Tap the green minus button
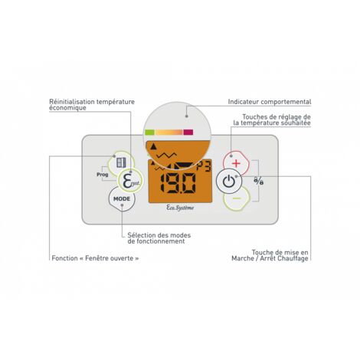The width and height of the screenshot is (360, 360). (237, 198)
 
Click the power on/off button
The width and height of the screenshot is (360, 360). (229, 182)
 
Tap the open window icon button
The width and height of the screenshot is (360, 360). (121, 162)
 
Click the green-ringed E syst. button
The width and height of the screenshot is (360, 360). (129, 181)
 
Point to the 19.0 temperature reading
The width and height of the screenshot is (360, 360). (178, 183)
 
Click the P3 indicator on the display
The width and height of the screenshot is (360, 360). (204, 167)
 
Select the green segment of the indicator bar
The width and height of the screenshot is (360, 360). (149, 133)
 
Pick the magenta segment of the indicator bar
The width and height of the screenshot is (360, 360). (188, 133)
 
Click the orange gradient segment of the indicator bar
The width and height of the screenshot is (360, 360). (169, 133)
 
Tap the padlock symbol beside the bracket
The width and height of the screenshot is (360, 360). (259, 181)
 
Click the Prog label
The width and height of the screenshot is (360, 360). (103, 175)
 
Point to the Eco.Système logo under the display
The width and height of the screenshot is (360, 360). (180, 208)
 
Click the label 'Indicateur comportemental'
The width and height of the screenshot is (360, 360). (270, 102)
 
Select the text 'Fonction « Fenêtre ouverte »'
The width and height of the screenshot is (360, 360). (95, 258)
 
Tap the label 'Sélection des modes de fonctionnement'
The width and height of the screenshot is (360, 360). (159, 238)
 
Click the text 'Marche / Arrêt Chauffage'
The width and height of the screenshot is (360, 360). (270, 258)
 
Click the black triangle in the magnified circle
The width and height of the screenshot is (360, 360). (153, 146)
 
